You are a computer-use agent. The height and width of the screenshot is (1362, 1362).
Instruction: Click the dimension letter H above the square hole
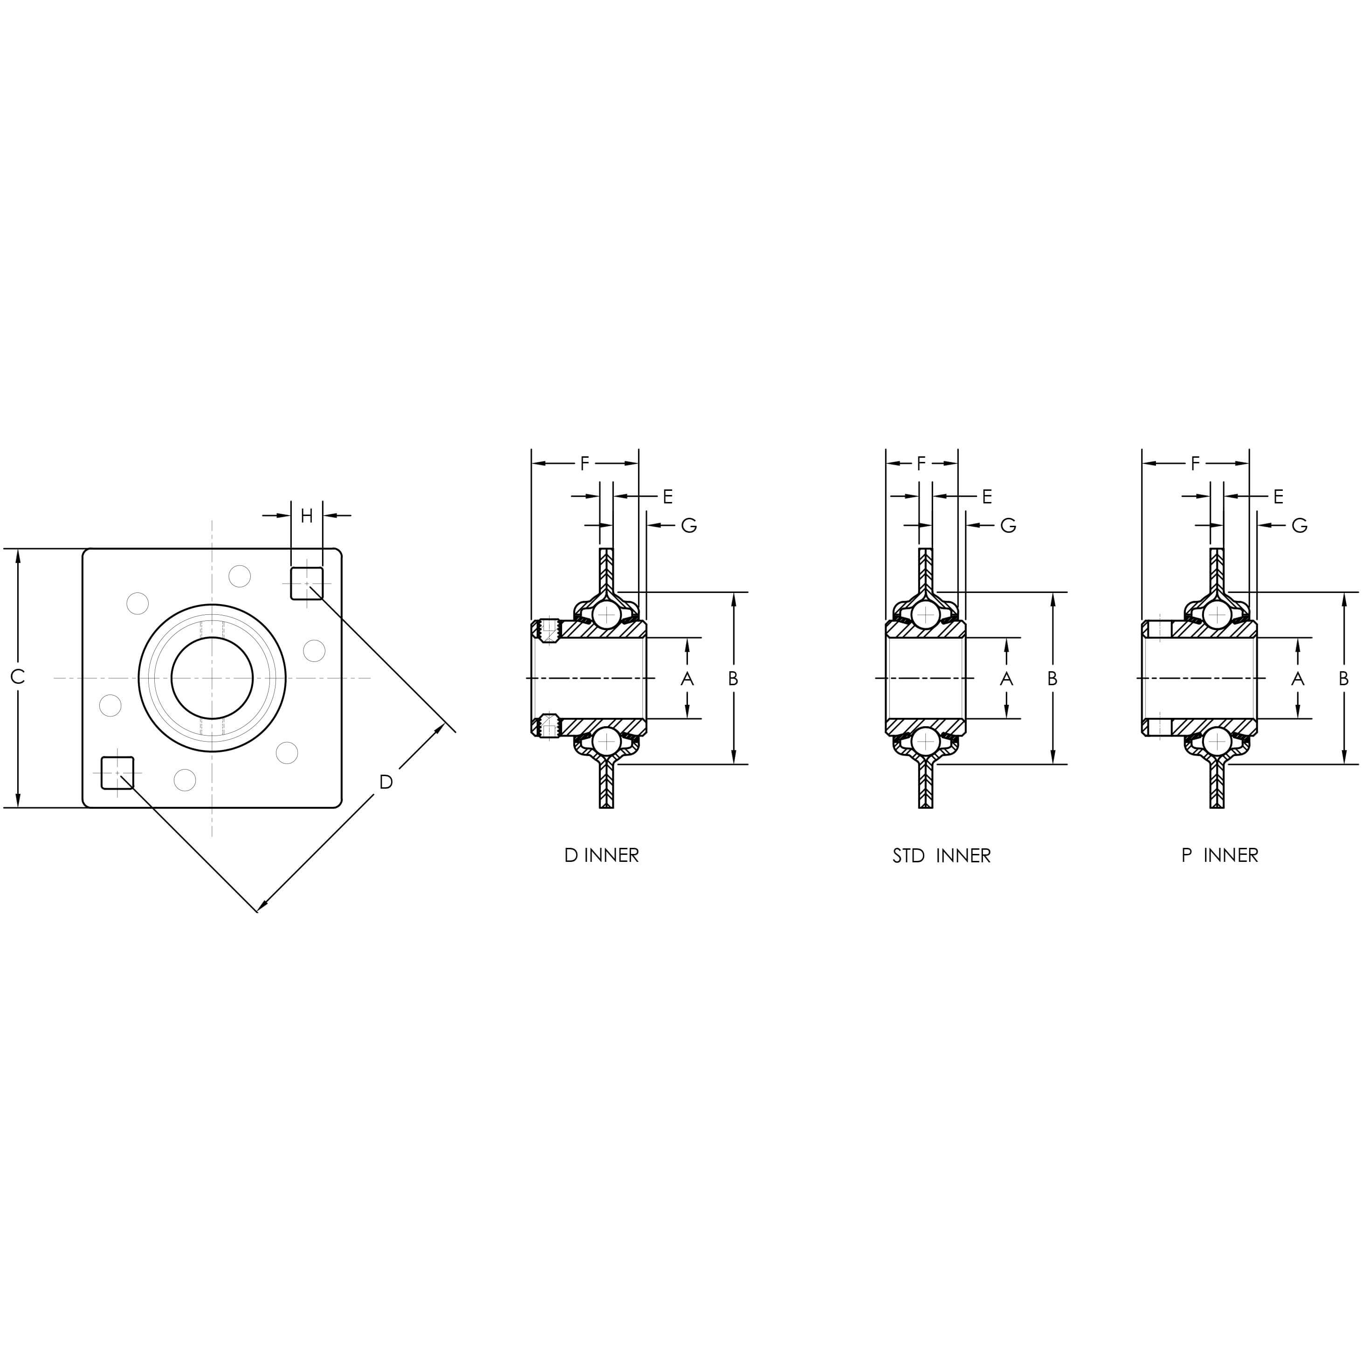(x=307, y=516)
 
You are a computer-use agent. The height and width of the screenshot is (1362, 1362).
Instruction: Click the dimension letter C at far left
(x=18, y=677)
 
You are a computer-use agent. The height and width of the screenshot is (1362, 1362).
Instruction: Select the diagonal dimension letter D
(x=385, y=782)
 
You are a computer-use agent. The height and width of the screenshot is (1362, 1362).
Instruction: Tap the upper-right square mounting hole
(x=307, y=583)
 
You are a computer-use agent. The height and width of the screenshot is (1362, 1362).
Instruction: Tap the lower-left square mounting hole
(x=117, y=773)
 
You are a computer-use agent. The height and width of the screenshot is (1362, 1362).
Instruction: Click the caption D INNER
(x=601, y=855)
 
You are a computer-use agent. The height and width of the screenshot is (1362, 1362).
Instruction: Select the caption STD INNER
(x=941, y=856)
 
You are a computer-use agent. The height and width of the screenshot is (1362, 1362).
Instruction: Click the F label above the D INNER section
(x=585, y=464)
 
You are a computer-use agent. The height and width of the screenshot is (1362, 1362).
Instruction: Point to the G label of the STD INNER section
(x=1008, y=525)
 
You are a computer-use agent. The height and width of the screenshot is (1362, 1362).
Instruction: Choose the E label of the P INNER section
(x=1278, y=497)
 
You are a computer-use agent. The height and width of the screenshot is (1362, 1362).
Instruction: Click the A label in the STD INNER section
(x=1007, y=678)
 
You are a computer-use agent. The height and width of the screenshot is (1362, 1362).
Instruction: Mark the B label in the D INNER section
(x=733, y=678)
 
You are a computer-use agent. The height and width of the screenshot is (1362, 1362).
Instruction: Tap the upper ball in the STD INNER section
(x=925, y=615)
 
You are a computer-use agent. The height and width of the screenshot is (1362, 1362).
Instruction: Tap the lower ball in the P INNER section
(x=1216, y=741)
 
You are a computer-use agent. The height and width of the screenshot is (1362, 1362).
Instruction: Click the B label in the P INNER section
(x=1344, y=678)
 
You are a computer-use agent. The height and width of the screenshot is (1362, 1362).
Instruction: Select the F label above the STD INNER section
(x=922, y=464)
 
